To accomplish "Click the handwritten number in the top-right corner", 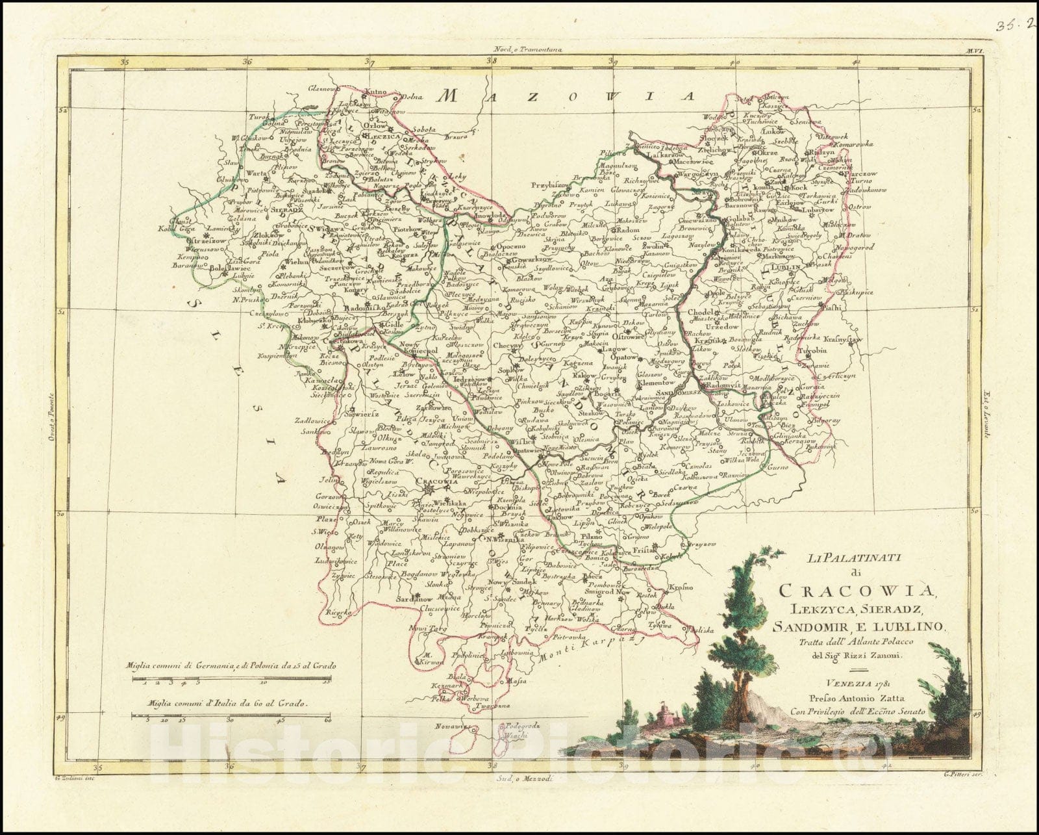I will (1014, 25).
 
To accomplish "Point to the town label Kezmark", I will (449, 686).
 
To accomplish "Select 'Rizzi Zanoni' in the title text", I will (875, 655).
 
